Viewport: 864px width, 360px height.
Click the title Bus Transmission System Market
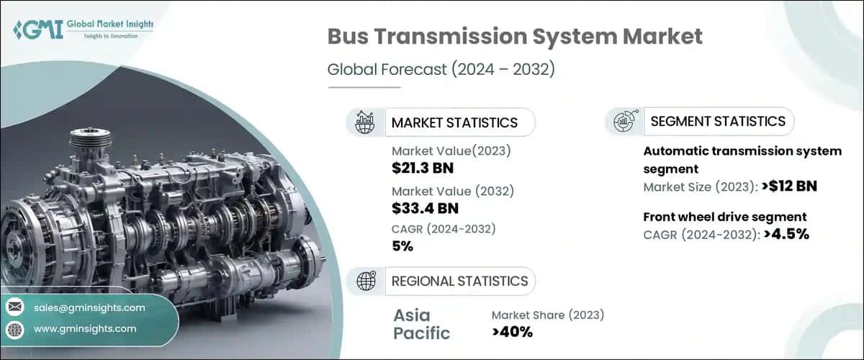tap(515, 37)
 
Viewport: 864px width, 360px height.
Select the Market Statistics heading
tap(454, 122)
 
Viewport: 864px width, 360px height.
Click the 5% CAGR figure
tap(402, 246)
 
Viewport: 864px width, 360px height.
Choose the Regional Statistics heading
tap(459, 281)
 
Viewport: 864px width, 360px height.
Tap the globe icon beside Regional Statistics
tap(365, 282)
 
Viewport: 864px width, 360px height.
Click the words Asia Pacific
tap(422, 324)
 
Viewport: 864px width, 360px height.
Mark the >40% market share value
tap(512, 332)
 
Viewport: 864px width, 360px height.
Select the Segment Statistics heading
tap(718, 121)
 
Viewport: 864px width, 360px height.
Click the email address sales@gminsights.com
tap(89, 307)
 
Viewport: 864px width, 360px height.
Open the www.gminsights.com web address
tap(85, 329)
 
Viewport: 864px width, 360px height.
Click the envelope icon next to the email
tap(15, 307)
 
